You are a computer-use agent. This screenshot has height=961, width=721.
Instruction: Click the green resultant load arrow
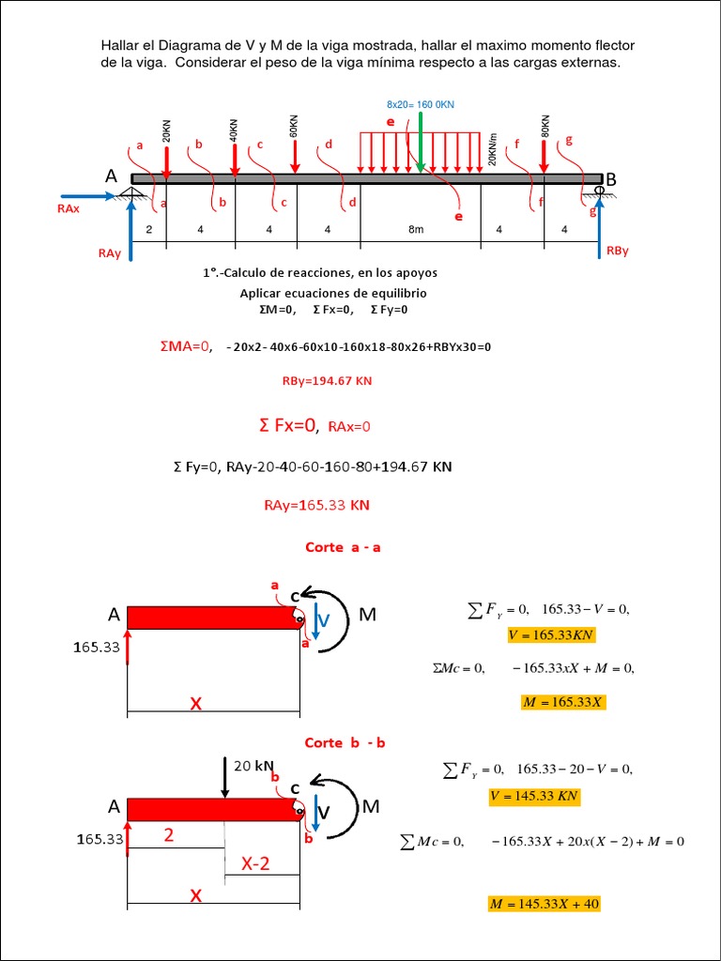422,141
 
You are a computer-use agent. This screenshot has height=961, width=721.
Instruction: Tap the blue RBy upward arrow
599,225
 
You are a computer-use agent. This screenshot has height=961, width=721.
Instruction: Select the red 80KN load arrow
544,155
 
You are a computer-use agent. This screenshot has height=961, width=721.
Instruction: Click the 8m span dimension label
416,229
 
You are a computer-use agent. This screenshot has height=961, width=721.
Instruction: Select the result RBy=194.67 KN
327,381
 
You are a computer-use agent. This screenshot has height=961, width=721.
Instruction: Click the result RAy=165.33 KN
316,505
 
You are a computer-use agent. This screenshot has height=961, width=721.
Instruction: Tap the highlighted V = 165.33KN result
551,635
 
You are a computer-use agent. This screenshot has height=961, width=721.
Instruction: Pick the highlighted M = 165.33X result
563,702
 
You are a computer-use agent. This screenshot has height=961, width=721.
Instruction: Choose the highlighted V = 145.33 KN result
534,797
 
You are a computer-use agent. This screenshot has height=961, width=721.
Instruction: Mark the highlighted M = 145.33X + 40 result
544,904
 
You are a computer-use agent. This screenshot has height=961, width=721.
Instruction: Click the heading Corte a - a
343,547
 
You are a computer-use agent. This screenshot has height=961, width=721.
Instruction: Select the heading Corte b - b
345,742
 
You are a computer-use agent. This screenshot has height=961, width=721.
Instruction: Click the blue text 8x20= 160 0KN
427,104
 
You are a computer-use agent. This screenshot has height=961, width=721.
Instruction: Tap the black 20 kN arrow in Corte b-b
224,777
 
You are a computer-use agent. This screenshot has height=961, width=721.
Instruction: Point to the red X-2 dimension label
254,864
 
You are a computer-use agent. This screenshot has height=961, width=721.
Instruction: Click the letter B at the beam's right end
610,178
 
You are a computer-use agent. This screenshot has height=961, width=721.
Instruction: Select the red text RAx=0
349,427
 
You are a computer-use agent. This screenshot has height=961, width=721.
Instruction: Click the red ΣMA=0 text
186,346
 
